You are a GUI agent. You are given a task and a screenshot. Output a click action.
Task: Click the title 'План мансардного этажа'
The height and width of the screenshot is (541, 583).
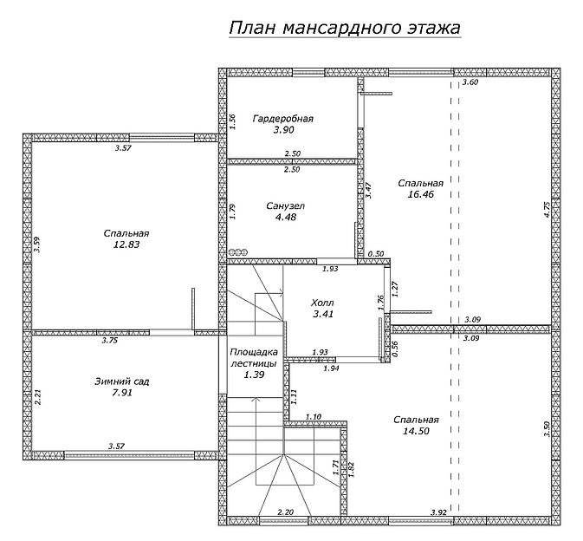344,28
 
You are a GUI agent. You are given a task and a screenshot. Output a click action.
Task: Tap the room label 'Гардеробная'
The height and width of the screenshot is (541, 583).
282,118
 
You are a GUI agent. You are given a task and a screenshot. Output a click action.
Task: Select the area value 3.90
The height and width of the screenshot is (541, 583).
282,129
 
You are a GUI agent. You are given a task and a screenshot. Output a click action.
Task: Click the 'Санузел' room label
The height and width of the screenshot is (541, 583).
284,205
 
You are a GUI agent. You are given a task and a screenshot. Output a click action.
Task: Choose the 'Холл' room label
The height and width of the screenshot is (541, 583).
322,303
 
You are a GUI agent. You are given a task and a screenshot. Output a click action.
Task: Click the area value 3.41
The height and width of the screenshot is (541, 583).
322,315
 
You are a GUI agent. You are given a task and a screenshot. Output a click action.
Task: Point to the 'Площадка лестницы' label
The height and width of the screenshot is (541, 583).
253,358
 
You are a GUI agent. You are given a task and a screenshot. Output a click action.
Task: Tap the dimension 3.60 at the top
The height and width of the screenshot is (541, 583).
470,82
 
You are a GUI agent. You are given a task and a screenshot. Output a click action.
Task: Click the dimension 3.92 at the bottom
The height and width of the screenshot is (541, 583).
438,513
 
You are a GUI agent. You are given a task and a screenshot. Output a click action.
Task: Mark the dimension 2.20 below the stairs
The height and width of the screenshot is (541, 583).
284,513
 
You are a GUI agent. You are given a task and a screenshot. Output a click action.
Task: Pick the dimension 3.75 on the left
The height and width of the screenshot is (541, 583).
109,341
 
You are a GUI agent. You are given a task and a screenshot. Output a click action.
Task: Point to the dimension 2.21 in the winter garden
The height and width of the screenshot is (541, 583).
38,398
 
